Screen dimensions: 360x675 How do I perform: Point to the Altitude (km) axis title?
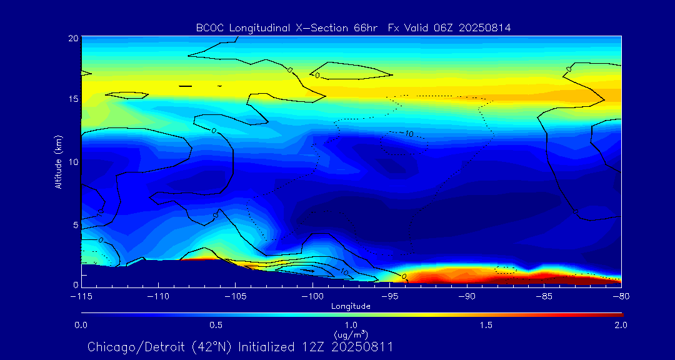click(x=58, y=161)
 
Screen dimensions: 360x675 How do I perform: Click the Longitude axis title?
click(x=351, y=306)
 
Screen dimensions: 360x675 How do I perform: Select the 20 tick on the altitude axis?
click(x=73, y=38)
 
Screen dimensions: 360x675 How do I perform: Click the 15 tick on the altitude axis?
click(x=73, y=99)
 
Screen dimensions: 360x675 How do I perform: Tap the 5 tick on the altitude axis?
click(x=76, y=224)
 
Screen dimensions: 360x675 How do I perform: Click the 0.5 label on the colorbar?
click(x=216, y=325)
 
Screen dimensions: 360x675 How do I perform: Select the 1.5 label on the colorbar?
click(x=486, y=325)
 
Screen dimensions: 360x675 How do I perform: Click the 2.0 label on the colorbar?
click(x=621, y=325)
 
